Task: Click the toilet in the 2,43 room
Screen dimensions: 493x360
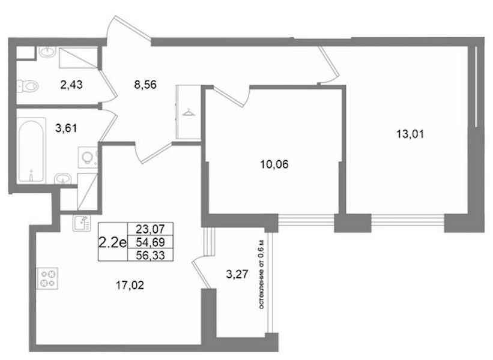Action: (x=28, y=86)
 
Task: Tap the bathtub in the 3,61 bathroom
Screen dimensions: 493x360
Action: (x=31, y=151)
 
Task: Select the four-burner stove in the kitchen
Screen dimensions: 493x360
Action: (x=47, y=278)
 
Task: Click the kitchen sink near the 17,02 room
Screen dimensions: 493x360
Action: (x=82, y=223)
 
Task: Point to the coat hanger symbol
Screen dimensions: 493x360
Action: (x=189, y=112)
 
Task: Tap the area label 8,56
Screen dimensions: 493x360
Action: (x=145, y=85)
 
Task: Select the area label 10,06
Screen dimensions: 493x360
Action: (x=274, y=164)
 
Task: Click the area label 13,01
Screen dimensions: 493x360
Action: (x=410, y=134)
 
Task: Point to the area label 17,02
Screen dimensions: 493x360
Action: (x=130, y=285)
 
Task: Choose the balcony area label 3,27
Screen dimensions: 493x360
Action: (x=237, y=274)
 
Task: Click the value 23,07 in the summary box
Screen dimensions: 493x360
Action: (x=150, y=229)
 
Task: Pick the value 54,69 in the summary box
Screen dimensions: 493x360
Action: (x=150, y=242)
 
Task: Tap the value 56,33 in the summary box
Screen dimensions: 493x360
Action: (x=150, y=255)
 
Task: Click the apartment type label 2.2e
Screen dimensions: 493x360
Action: (x=112, y=242)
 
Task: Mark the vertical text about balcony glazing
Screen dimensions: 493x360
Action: (x=262, y=275)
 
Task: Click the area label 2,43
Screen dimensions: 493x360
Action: (x=71, y=85)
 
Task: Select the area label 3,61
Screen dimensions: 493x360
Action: (x=66, y=128)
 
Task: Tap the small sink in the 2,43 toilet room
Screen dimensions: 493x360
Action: (x=47, y=52)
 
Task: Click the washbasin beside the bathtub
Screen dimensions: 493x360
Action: (x=63, y=178)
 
